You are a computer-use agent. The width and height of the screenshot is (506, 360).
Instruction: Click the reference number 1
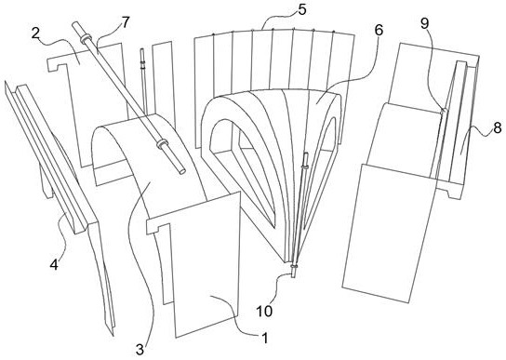[264, 338]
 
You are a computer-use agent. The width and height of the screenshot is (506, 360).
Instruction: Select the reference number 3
[140, 350]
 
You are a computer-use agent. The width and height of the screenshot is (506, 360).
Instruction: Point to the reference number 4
[54, 265]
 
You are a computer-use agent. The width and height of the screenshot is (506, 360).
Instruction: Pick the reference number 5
[301, 9]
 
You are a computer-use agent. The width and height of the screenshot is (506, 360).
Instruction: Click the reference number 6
[379, 30]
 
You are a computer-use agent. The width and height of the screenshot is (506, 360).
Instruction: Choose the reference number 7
[125, 22]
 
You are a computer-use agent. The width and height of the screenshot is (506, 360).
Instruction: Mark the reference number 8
[498, 127]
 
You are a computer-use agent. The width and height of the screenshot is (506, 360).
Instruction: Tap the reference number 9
[425, 22]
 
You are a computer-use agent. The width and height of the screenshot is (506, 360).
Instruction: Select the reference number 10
[264, 311]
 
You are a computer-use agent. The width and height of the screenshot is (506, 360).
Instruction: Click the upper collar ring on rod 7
[87, 39]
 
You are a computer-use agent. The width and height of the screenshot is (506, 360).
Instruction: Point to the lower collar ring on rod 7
[162, 144]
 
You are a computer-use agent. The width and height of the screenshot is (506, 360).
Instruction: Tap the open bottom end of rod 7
[182, 171]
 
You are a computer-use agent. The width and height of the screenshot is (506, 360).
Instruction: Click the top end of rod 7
[75, 24]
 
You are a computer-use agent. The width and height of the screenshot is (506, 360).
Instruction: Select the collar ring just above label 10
[294, 266]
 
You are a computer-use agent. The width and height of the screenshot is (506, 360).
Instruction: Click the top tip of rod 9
[444, 110]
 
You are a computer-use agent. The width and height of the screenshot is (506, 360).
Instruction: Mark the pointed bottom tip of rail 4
[113, 335]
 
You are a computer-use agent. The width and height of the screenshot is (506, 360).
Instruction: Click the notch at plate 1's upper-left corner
[158, 226]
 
